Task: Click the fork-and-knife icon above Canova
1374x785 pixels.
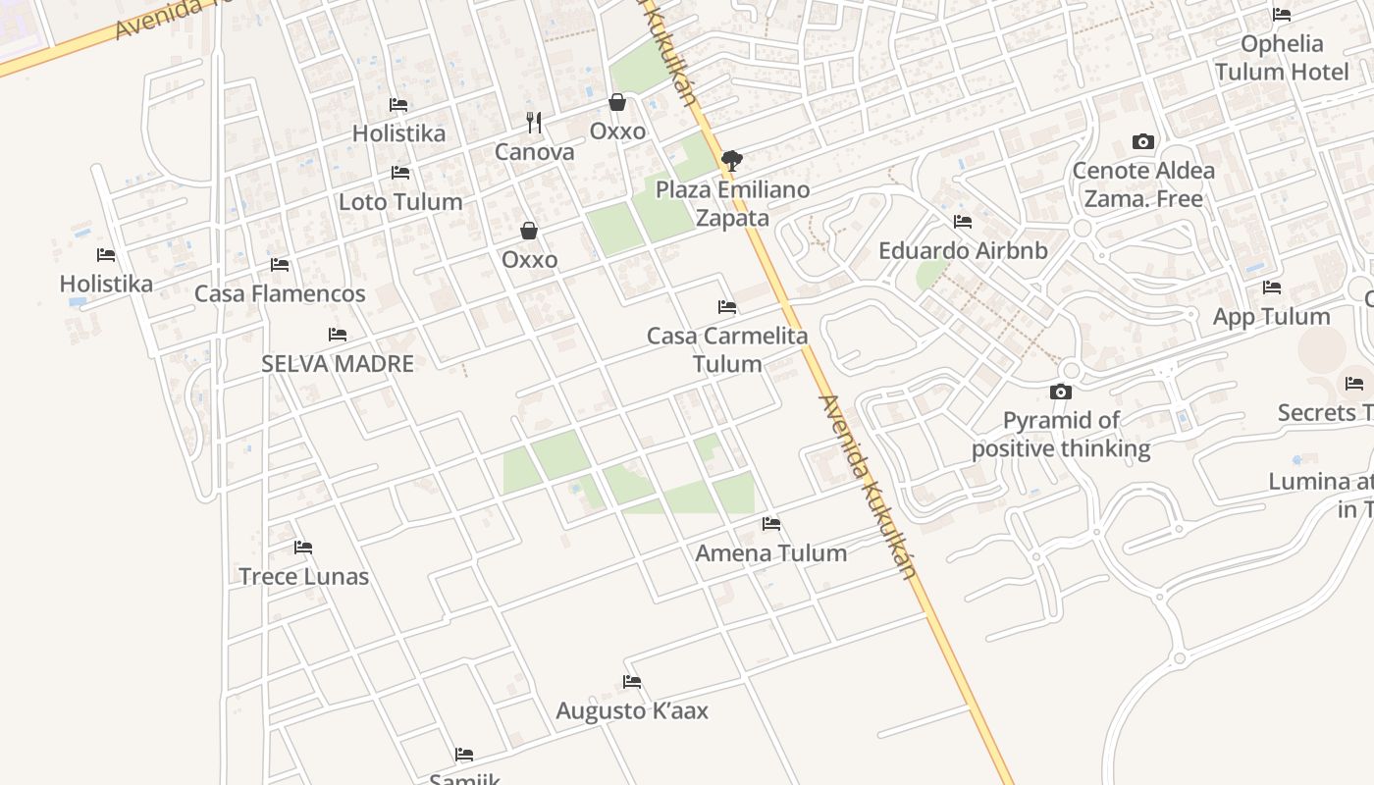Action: pos(534,123)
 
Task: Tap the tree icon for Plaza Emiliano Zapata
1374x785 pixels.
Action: pos(731,160)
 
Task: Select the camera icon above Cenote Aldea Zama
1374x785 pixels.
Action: pos(1143,141)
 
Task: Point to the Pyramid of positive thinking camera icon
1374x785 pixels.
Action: pos(1061,392)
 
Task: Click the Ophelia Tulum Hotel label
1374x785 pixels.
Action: pos(1282,58)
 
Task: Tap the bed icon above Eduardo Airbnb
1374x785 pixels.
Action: pos(963,222)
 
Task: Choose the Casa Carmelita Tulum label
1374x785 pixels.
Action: pos(727,349)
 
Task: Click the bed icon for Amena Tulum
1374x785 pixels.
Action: pos(771,524)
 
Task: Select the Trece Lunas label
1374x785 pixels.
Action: pos(304,576)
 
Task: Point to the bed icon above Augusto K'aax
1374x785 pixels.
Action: pos(632,682)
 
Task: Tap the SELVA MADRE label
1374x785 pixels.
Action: pos(338,363)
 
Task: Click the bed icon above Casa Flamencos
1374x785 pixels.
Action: pos(280,265)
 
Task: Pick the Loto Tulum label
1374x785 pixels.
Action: pos(400,201)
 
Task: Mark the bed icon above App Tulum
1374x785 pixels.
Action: pos(1272,288)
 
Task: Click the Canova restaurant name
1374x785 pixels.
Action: pos(534,152)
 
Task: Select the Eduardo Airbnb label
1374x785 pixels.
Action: pos(963,250)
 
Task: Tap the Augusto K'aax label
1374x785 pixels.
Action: pos(632,710)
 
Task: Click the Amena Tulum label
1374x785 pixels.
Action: pos(771,552)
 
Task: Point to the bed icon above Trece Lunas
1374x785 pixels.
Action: pos(303,548)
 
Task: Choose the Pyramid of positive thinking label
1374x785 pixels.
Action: pos(1061,435)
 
